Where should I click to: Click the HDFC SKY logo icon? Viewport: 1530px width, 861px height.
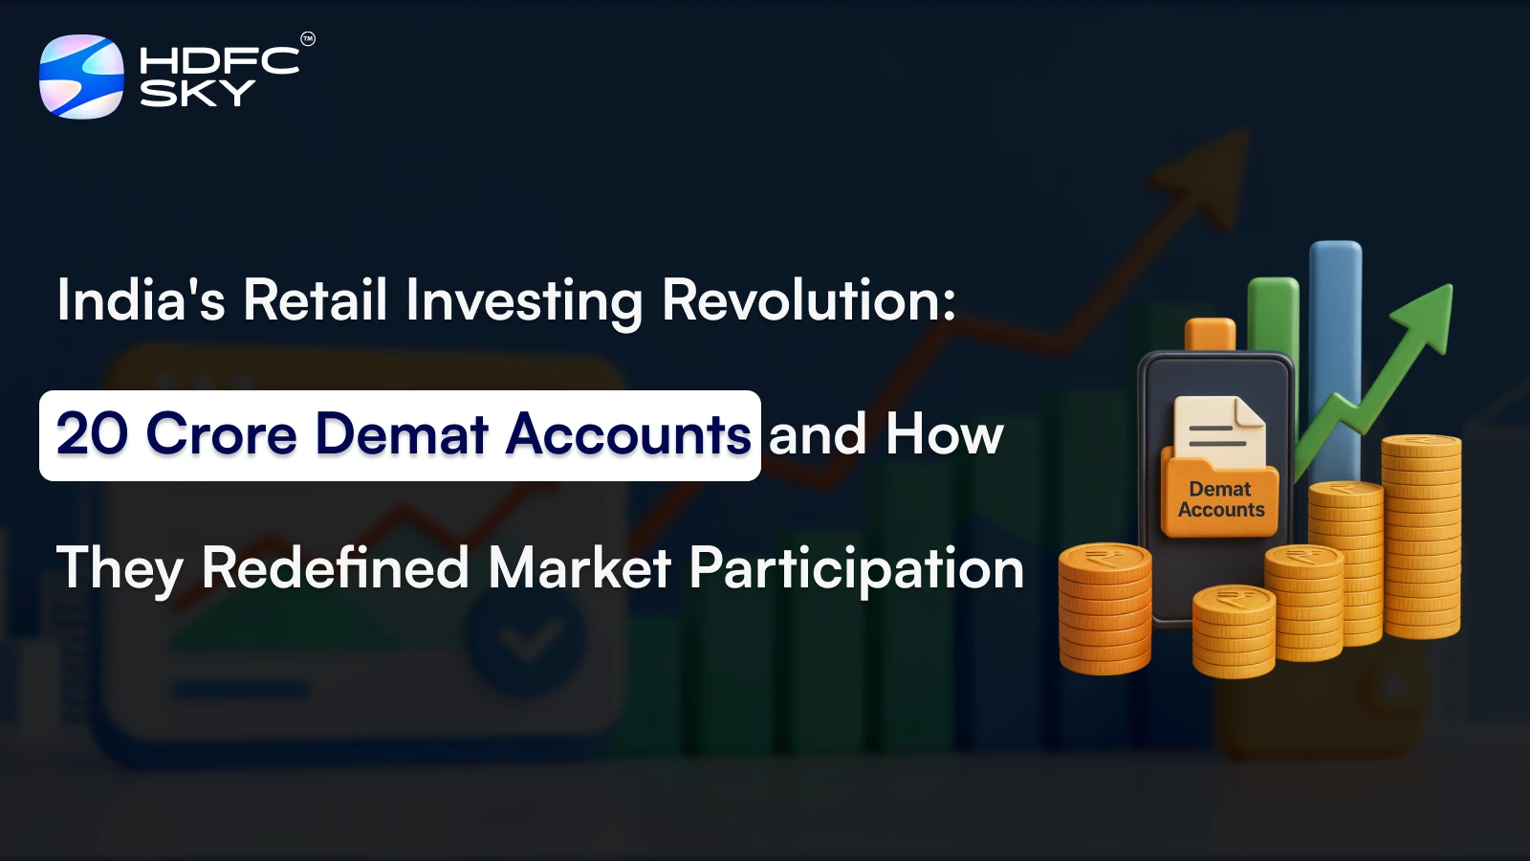pyautogui.click(x=81, y=77)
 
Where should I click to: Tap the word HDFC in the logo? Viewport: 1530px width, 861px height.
pyautogui.click(x=219, y=61)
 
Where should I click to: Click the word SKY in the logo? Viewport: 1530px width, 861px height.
pyautogui.click(x=197, y=93)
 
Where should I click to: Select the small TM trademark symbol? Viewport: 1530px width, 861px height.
pyautogui.click(x=308, y=39)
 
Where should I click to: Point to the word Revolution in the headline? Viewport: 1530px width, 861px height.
pyautogui.click(x=808, y=299)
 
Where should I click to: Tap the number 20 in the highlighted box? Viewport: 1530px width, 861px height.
pyautogui.click(x=92, y=434)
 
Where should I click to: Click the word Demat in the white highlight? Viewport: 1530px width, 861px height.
pyautogui.click(x=402, y=434)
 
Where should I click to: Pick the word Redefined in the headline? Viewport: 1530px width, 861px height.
pyautogui.click(x=335, y=568)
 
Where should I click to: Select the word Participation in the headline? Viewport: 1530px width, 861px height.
pyautogui.click(x=856, y=568)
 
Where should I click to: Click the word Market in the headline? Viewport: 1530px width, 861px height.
pyautogui.click(x=579, y=568)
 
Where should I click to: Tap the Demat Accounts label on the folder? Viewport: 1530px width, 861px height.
pyautogui.click(x=1221, y=499)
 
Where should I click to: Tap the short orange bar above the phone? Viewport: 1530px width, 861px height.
pyautogui.click(x=1210, y=335)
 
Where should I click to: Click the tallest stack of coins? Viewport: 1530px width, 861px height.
pyautogui.click(x=1421, y=536)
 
